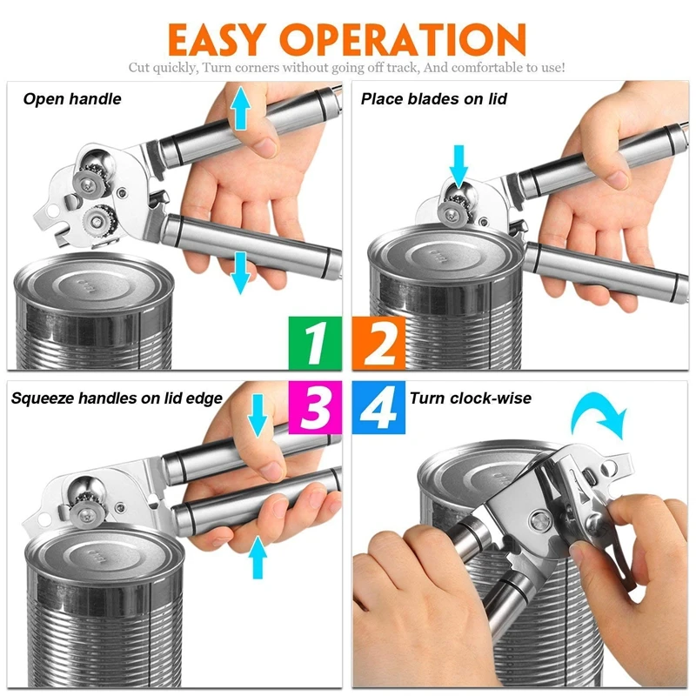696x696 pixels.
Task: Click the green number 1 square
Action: point(315,343)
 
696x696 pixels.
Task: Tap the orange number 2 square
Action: point(378,343)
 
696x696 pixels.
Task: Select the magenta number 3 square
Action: point(315,407)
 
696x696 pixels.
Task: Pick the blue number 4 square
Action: point(378,407)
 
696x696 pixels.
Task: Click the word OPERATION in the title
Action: point(404,39)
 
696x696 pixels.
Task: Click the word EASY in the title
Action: point(217,39)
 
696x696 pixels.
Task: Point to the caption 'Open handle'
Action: point(72,99)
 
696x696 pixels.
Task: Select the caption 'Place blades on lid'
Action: point(433,98)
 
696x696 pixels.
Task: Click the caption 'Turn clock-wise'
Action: point(471,398)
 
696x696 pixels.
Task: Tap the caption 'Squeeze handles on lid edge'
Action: point(117,398)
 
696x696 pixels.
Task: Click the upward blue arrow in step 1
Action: point(241,108)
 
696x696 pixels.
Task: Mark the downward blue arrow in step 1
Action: point(240,273)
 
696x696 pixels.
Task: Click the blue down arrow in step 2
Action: point(458,166)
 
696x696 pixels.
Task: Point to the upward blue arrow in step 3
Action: point(258,557)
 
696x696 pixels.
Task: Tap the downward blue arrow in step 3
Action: point(257,416)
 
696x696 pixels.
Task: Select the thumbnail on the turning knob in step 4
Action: point(579,552)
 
